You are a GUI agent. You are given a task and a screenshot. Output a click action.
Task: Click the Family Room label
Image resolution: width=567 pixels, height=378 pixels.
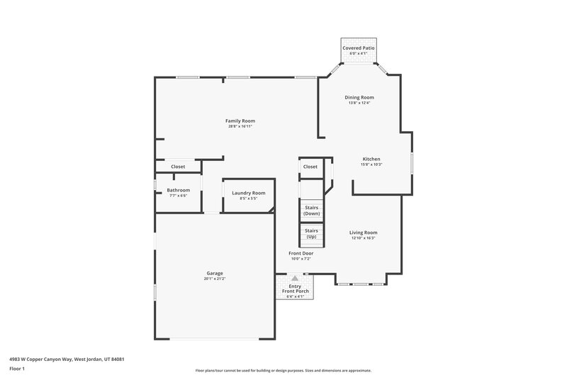point(240,121)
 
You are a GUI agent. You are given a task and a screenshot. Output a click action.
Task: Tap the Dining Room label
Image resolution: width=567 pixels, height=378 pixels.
point(359,97)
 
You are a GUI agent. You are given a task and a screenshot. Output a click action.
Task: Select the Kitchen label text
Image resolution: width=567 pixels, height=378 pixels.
point(371,159)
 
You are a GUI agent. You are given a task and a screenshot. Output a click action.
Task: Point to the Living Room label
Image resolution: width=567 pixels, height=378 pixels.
point(363,233)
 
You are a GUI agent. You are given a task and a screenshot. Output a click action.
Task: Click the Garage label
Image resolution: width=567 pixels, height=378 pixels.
point(215,273)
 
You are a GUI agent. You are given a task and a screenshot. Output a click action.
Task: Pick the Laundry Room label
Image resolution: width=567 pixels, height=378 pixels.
point(248,193)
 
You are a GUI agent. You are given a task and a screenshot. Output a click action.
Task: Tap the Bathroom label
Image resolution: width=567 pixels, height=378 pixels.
point(178,190)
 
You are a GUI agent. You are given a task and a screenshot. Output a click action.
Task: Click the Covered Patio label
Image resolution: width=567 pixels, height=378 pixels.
point(359,48)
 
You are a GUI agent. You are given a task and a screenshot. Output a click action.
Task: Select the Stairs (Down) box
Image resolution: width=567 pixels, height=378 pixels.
point(311,211)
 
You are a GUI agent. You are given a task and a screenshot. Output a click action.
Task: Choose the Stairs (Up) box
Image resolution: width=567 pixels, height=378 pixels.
point(311,233)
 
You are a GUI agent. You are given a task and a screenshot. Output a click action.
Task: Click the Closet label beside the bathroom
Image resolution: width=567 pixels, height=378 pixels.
point(178,167)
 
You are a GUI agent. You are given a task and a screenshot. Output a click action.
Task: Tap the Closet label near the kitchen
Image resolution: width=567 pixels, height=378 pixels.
point(310,167)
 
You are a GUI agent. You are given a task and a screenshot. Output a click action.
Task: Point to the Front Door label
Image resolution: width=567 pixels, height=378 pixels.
point(301,253)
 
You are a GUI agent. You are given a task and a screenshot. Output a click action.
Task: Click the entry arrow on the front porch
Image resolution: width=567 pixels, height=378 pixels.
point(295,279)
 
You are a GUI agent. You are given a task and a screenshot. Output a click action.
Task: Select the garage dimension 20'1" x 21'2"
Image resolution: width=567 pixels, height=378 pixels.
point(215,279)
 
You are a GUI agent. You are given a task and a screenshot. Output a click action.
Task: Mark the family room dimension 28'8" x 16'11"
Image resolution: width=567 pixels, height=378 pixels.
point(240,126)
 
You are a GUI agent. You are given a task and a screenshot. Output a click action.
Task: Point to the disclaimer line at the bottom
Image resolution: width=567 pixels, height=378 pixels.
point(283,370)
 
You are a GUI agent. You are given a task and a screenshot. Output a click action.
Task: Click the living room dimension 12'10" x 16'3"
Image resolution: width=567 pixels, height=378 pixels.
point(363,238)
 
